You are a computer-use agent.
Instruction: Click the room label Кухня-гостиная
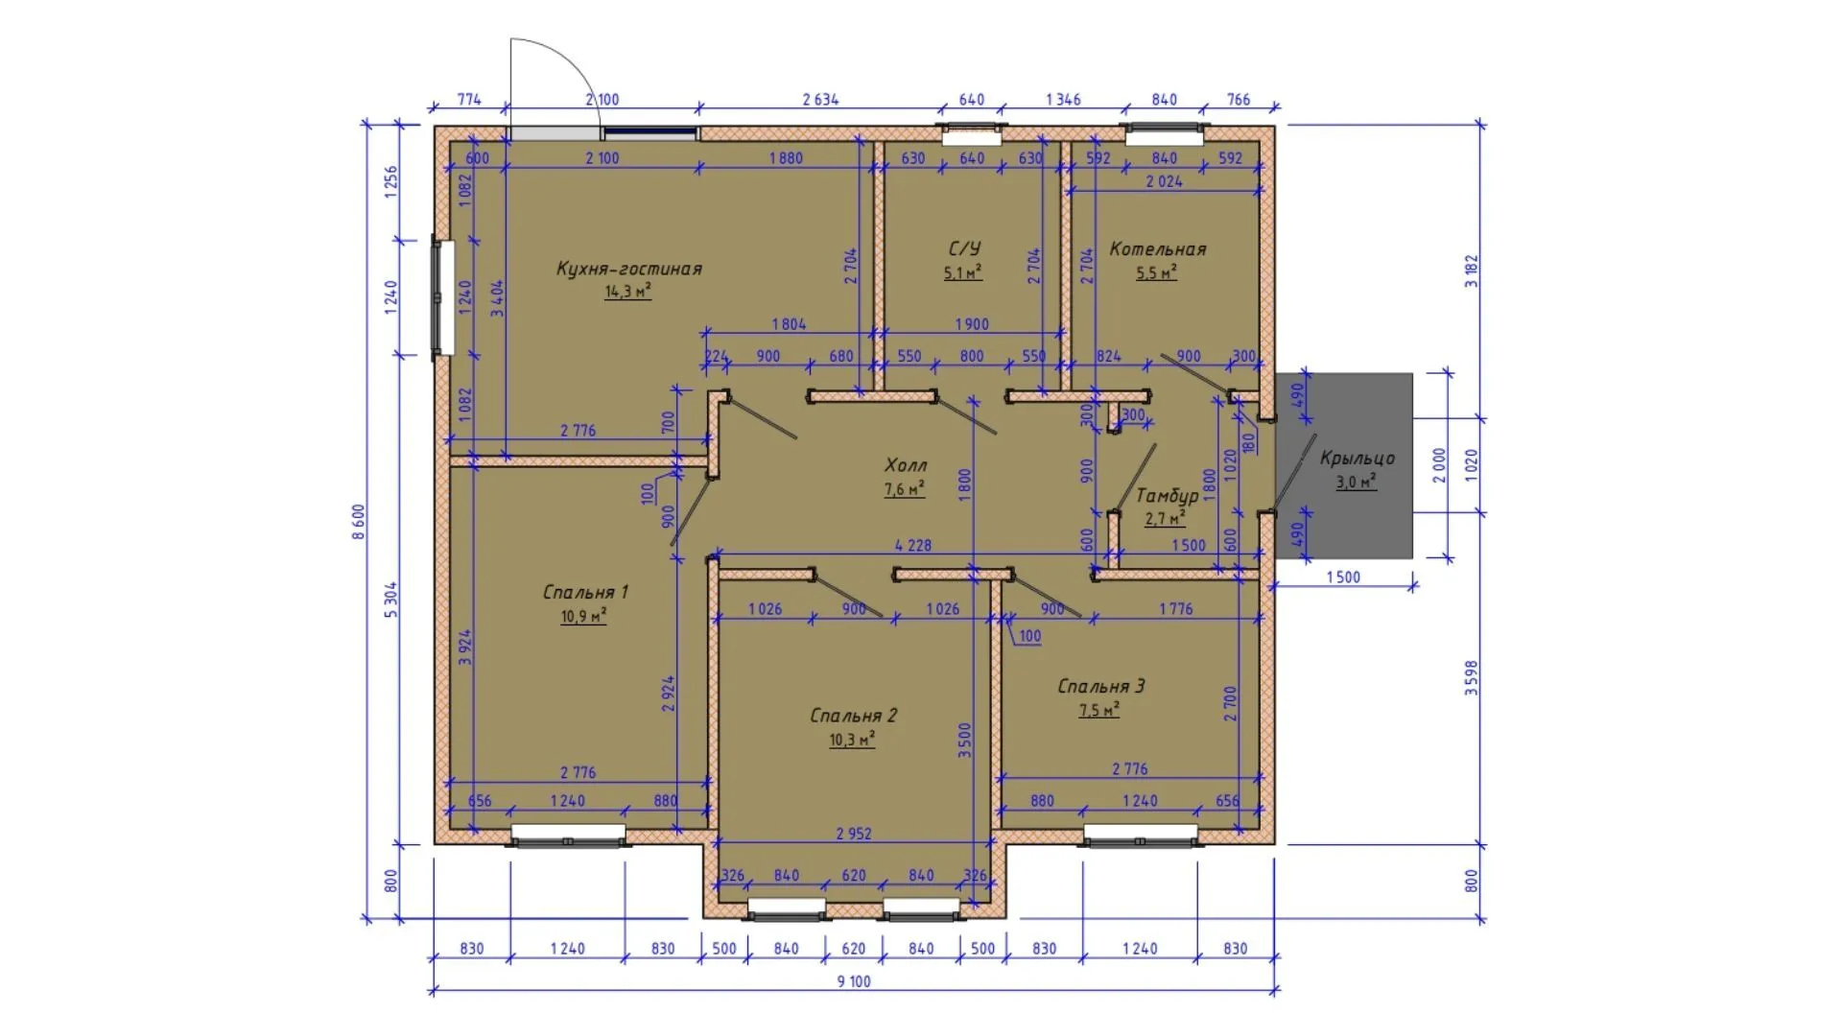tap(629, 269)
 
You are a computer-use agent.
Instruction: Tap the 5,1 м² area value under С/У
tap(963, 272)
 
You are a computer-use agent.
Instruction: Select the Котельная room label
tap(1157, 249)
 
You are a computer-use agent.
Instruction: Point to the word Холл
tap(906, 465)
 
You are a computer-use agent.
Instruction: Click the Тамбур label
tap(1167, 496)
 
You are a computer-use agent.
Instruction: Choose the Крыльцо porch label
tap(1357, 458)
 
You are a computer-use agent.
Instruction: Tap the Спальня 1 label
tap(585, 592)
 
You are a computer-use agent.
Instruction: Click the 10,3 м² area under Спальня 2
tap(852, 740)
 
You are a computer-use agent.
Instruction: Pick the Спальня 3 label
tap(1100, 686)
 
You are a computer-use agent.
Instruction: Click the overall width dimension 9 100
tap(854, 981)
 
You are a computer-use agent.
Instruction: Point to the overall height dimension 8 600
tap(359, 523)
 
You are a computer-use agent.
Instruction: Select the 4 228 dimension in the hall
tap(912, 545)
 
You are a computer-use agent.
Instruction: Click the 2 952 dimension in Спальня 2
tap(854, 834)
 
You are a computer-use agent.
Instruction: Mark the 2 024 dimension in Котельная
tap(1165, 181)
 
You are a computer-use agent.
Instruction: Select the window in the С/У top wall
tap(972, 134)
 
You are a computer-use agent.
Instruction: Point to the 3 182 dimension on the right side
tap(1472, 271)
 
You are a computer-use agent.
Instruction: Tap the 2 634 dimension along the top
tap(820, 99)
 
